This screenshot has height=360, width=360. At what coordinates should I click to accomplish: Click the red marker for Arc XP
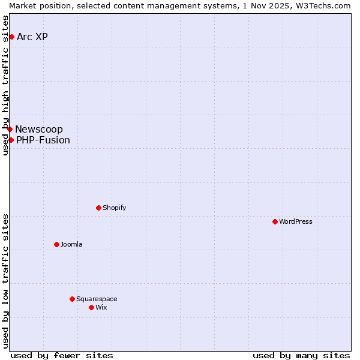pos(11,37)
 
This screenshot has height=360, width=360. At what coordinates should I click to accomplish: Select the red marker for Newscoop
pos(10,129)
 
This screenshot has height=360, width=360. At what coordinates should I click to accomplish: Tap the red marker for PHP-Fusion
pos(11,140)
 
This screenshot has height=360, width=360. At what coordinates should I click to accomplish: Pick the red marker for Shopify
pos(98,208)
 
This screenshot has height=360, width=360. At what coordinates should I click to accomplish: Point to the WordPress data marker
pos(275,221)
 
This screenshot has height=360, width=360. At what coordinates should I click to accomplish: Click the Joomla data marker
pos(56,244)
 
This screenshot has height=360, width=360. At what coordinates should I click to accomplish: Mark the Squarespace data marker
pos(72,299)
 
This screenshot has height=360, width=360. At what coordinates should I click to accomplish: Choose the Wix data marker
pos(91,307)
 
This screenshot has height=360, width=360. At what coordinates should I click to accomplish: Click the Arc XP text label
pos(32,37)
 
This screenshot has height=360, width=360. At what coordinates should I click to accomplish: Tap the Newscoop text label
pos(39,130)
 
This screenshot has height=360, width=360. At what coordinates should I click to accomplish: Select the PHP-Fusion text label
pos(43,140)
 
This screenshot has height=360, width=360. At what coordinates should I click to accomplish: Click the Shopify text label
pos(114,208)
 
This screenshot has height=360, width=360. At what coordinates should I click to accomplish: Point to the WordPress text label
pos(295,222)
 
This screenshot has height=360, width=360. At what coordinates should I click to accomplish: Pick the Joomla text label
pos(71,245)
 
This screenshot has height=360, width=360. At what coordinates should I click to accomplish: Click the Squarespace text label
pos(97,299)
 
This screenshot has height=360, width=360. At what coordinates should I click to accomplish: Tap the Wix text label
pos(101,308)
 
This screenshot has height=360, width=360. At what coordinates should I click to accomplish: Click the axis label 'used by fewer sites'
pos(62,355)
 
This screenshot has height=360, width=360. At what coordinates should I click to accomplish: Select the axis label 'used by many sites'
pos(301,355)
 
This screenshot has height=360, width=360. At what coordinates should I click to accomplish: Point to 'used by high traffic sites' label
pos(5,85)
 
